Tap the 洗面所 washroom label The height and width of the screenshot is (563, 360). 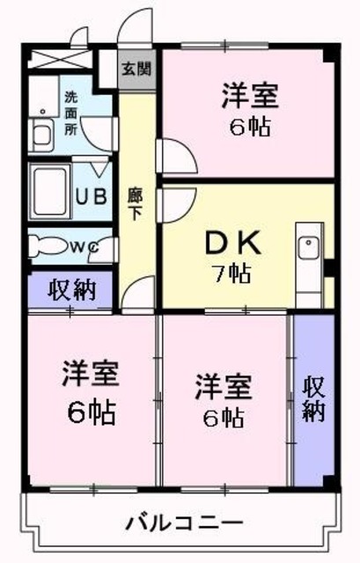tap(71, 113)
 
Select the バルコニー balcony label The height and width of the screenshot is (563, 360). tap(183, 523)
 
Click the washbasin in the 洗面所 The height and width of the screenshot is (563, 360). tap(42, 136)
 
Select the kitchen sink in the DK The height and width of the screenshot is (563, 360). tap(307, 249)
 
